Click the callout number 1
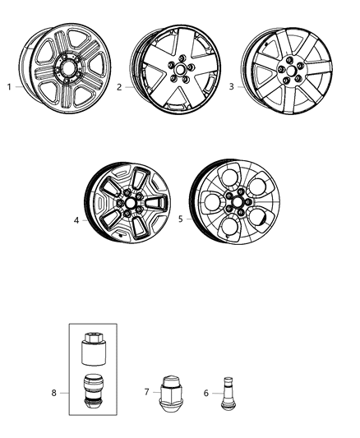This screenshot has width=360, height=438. [x=9, y=86]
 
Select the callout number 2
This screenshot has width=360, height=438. [x=120, y=86]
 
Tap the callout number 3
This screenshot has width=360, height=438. [x=232, y=87]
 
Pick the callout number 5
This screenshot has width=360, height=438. [x=180, y=219]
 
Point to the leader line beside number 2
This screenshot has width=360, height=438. [x=130, y=85]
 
